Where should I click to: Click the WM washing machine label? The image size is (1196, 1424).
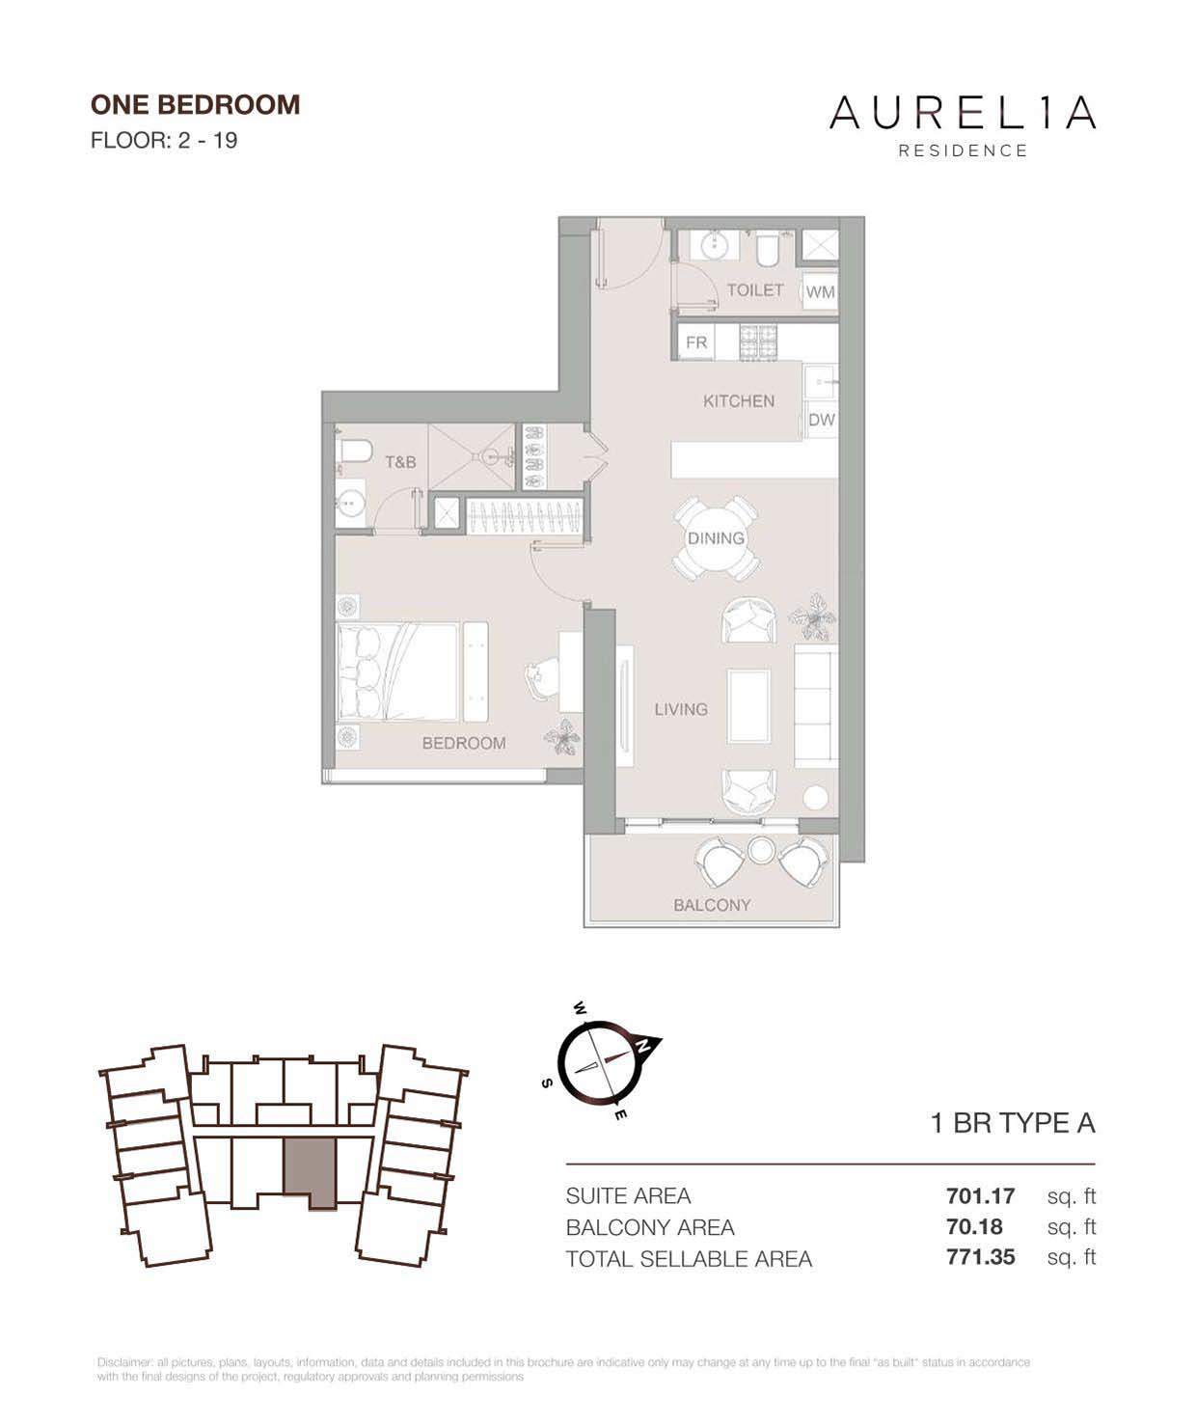coord(820,291)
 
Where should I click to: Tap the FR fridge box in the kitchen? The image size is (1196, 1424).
coord(696,342)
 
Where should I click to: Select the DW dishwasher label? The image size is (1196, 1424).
coord(821,420)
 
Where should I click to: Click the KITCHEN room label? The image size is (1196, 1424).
coord(738,401)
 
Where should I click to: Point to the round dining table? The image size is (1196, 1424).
coord(716,538)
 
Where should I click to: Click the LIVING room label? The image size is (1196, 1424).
coord(681,709)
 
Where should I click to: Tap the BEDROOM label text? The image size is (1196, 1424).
coord(464,743)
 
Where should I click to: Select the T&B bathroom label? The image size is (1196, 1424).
coord(400,462)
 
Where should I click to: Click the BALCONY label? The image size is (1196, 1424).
coord(712,905)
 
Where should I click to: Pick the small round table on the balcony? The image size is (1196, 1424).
coord(761,849)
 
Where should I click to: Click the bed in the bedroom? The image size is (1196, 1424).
coord(397,671)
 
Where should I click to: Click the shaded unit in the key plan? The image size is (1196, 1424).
coord(310,1169)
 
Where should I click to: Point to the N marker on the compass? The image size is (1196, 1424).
coord(647,1045)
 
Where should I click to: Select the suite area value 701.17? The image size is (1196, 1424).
coord(980,1196)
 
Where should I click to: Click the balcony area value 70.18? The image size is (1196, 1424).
coord(974,1227)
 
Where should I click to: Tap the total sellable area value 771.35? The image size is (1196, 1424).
coord(980,1258)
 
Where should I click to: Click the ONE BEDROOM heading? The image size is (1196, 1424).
coord(195,104)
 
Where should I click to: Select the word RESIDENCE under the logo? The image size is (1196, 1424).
coord(963,151)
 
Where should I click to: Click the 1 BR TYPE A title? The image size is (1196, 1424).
coord(1012,1123)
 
